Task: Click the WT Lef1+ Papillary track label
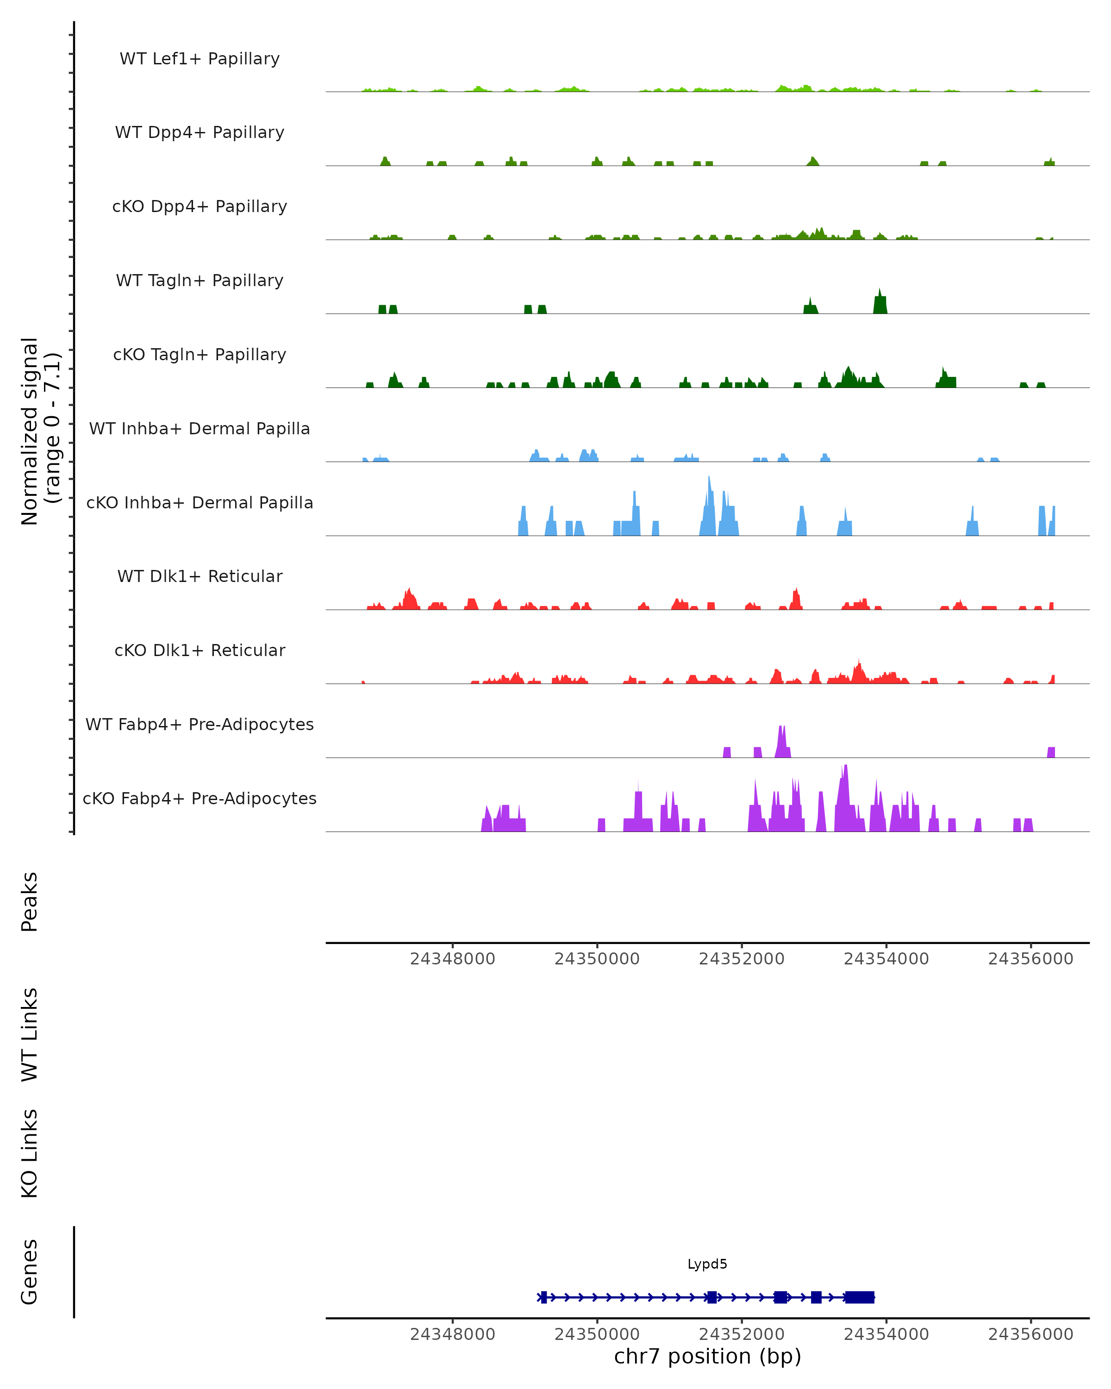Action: [200, 59]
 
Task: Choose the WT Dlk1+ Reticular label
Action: [200, 576]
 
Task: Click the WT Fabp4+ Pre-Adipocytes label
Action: [200, 724]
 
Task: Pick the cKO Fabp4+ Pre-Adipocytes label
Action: [200, 798]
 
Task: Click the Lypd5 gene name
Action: [707, 1264]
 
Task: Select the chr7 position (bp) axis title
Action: [707, 1357]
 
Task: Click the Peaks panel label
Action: [30, 901]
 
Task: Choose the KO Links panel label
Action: [30, 1153]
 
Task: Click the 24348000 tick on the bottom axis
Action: [452, 1334]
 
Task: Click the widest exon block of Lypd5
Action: [859, 1297]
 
